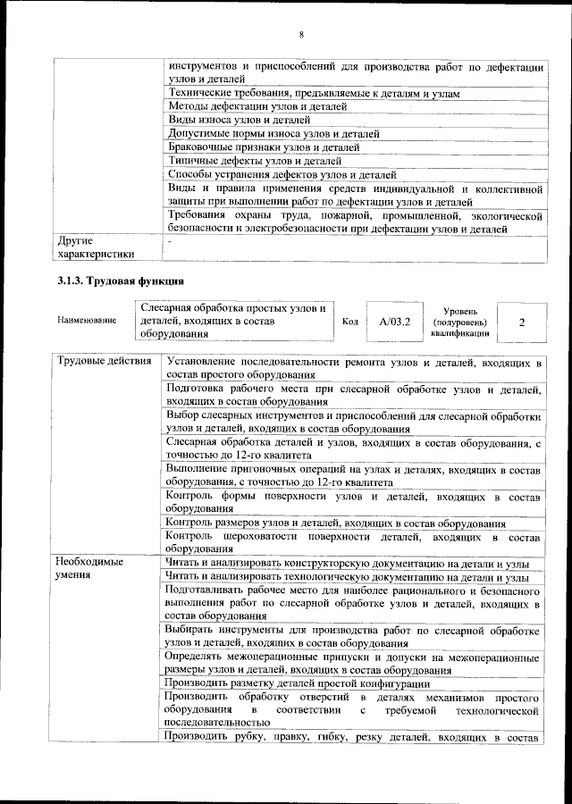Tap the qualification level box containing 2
pyautogui.click(x=520, y=321)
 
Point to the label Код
pyautogui.click(x=350, y=321)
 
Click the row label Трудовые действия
pyautogui.click(x=97, y=363)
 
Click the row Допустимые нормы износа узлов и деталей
pyautogui.click(x=273, y=133)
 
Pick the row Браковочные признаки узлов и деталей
pyautogui.click(x=263, y=147)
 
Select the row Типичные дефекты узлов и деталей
pyautogui.click(x=255, y=160)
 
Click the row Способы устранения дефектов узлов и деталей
pyautogui.click(x=282, y=174)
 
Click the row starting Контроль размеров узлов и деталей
pyautogui.click(x=336, y=523)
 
